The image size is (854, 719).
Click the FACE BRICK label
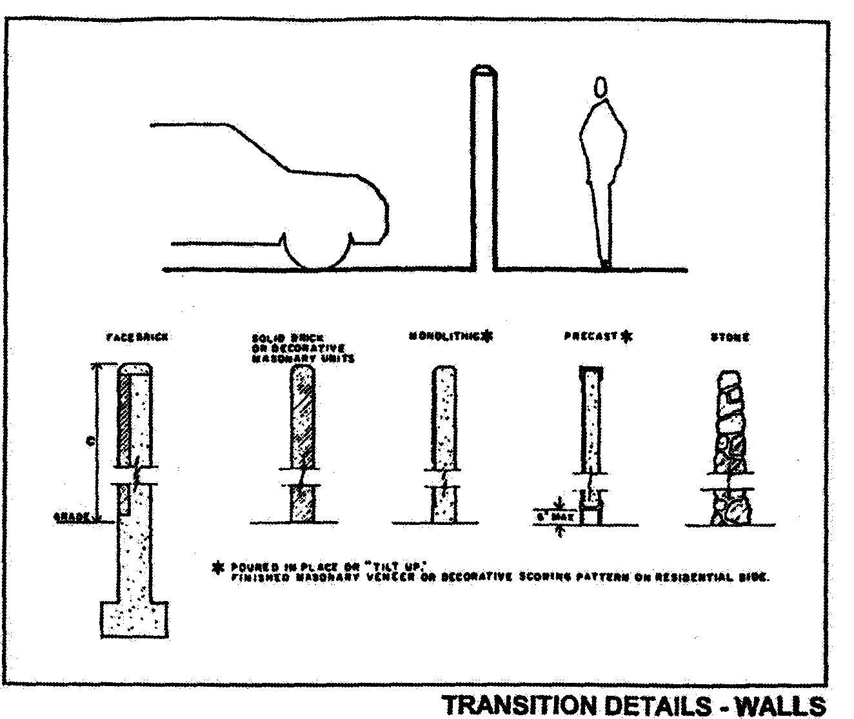point(136,337)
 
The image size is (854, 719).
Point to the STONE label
point(730,337)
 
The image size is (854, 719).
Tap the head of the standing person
point(601,86)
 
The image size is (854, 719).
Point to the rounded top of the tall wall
point(483,70)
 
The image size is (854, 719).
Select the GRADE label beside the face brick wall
point(70,517)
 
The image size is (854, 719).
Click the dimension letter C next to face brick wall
point(92,442)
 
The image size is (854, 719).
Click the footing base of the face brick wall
point(136,619)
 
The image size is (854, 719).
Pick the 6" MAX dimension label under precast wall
point(548,517)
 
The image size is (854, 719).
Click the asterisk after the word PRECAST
point(627,335)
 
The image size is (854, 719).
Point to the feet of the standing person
point(605,264)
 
